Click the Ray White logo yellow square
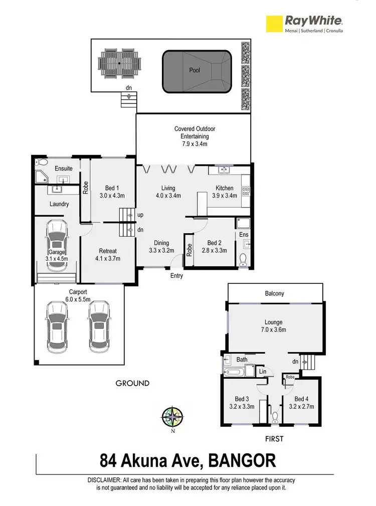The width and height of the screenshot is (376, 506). (x=274, y=24)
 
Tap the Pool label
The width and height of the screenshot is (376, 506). (x=195, y=70)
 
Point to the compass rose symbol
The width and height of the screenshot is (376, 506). (x=172, y=416)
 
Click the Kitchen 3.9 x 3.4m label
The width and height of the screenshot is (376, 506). (x=225, y=192)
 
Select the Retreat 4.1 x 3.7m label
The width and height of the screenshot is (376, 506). (x=107, y=255)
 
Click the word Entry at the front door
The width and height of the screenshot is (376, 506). (x=176, y=276)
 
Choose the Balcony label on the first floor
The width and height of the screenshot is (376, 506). (x=274, y=293)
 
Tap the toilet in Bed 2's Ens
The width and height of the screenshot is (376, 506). (x=244, y=260)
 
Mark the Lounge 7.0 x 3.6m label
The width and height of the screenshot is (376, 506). (x=274, y=326)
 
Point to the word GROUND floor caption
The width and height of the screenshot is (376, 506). (x=133, y=383)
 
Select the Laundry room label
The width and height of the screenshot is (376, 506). (x=59, y=204)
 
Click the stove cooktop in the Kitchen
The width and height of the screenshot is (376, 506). (x=246, y=191)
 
